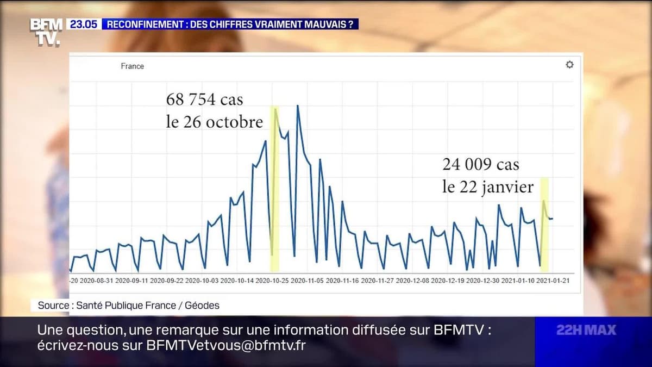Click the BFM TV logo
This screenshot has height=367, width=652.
pos(45,31)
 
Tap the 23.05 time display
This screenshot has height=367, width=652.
pos(83,24)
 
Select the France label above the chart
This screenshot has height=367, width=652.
pos(132,66)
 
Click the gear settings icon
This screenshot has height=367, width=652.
pos(569,65)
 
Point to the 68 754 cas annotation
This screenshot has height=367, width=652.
pos(204,99)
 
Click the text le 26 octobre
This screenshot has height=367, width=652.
pos(214,122)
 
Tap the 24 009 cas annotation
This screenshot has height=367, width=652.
pos(481,164)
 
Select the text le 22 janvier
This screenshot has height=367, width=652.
pos(487,187)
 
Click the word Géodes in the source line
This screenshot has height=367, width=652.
pos(202,306)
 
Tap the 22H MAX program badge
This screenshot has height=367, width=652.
pos(586,330)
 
